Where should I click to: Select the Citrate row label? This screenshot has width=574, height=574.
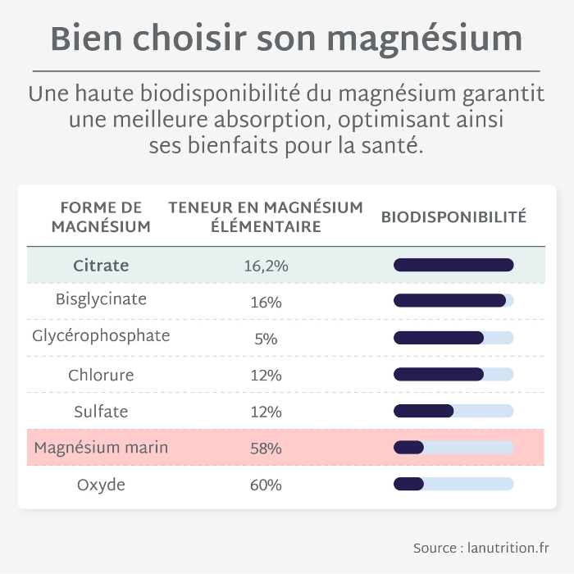click(101, 266)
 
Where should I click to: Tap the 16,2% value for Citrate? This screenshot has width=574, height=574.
click(266, 266)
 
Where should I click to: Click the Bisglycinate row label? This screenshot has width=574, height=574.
click(101, 299)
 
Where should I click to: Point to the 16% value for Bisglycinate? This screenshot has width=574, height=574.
click(266, 303)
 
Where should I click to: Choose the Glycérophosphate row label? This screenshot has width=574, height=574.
click(101, 336)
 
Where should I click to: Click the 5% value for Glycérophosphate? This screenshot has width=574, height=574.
click(266, 339)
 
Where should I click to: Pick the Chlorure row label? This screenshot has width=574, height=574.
click(101, 375)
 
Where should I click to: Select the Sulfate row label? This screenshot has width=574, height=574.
click(101, 411)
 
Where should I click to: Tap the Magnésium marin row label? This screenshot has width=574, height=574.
click(101, 448)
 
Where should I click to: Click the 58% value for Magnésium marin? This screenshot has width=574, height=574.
click(266, 449)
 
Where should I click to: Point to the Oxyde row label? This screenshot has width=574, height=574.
click(101, 485)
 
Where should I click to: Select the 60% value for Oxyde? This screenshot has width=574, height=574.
click(266, 485)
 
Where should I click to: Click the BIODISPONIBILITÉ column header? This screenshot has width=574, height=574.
click(453, 217)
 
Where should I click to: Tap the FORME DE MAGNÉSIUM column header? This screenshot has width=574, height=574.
click(101, 217)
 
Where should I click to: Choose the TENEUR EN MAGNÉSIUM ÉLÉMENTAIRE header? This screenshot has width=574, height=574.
click(266, 217)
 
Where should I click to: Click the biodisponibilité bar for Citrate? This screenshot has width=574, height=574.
click(453, 265)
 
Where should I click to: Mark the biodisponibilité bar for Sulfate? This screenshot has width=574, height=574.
click(453, 411)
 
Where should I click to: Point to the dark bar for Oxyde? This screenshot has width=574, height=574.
click(408, 484)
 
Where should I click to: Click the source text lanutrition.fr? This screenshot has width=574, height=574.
click(508, 548)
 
